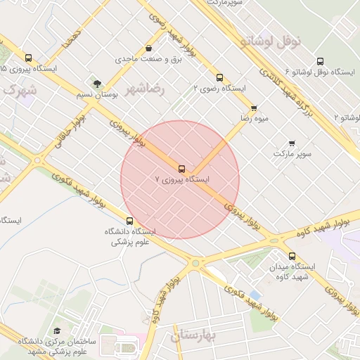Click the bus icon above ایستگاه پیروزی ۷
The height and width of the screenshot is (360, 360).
[x=182, y=169]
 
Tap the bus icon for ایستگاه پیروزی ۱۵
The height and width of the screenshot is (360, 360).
[x=28, y=58]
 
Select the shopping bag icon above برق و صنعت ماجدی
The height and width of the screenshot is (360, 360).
[x=148, y=49]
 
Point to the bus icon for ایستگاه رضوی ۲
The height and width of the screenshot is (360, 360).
[x=219, y=78]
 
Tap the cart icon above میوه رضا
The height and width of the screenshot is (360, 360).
[x=253, y=108]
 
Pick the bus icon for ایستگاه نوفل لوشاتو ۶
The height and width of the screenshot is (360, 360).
[x=321, y=61]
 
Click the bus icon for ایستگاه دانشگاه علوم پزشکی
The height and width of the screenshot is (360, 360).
[x=129, y=221]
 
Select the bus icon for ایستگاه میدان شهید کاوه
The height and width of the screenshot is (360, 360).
[x=292, y=257]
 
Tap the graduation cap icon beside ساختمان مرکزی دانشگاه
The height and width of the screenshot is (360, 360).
[x=57, y=331]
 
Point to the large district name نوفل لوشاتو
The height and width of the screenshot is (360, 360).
[x=270, y=41]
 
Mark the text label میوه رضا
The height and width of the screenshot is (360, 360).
[x=254, y=119]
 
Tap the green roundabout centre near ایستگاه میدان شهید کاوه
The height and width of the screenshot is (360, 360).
[x=195, y=263]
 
